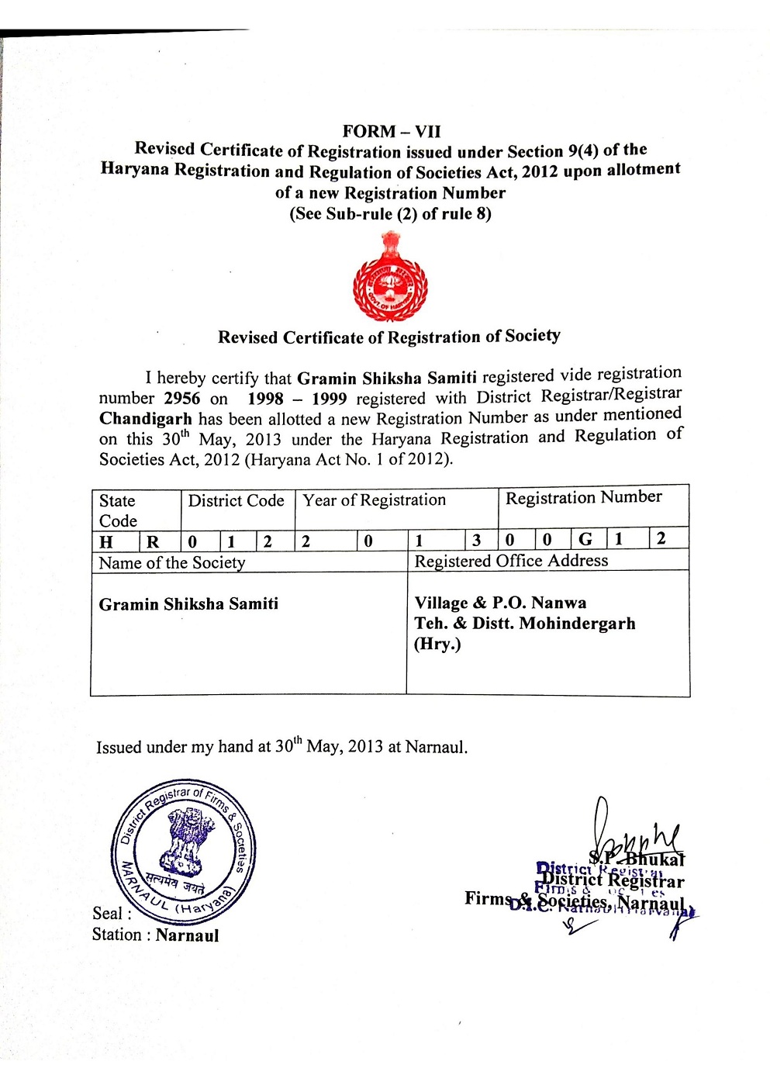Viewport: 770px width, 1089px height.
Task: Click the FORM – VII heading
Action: [391, 132]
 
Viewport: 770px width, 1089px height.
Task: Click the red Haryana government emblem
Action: [390, 278]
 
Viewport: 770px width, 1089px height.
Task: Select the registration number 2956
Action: [182, 399]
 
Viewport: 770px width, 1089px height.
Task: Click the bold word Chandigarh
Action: [145, 420]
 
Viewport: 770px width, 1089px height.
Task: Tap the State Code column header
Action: [118, 510]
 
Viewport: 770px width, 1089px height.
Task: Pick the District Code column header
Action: [236, 501]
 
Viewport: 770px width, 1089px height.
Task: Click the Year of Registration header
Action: [374, 500]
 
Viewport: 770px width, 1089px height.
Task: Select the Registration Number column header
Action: [583, 497]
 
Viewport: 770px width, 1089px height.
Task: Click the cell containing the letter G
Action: [585, 539]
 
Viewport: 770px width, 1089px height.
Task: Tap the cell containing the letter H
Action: [106, 542]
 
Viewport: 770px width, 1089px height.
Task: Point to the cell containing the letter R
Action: [153, 542]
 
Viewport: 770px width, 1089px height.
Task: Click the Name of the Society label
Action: [172, 563]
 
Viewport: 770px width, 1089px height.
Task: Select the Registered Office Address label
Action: [511, 561]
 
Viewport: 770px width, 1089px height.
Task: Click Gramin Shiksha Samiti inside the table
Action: [188, 604]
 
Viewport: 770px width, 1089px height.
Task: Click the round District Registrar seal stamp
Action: [184, 851]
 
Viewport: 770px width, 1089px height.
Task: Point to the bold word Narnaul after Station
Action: [187, 935]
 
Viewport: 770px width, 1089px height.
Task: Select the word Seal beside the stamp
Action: [108, 914]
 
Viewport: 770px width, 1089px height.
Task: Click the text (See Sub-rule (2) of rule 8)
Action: [390, 214]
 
